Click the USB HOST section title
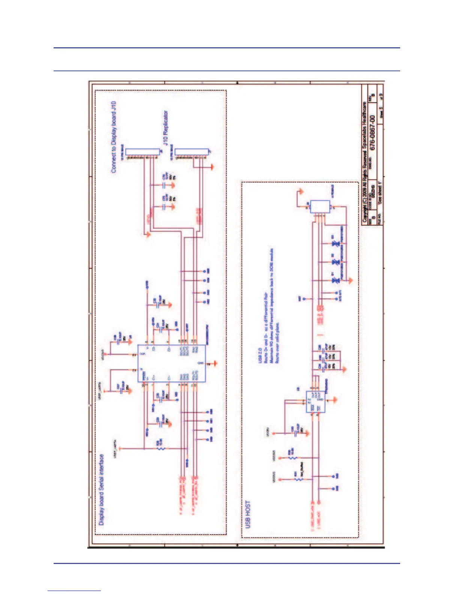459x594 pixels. [x=247, y=514]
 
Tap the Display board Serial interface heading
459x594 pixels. [x=101, y=489]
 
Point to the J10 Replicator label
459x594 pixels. [x=165, y=128]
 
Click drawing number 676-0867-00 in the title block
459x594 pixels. [x=372, y=132]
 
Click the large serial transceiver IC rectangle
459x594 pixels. [x=171, y=363]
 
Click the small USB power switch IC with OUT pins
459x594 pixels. [x=315, y=402]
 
